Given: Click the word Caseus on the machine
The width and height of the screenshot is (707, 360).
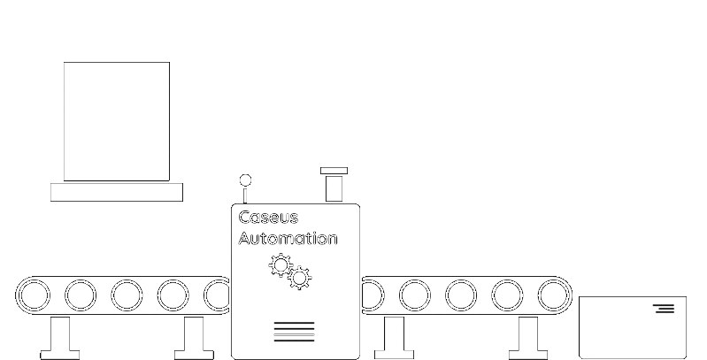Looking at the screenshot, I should [x=268, y=218].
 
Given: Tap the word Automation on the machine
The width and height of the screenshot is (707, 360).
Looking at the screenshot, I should [x=288, y=239].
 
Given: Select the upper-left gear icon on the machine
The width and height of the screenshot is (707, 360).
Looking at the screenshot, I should [x=280, y=264].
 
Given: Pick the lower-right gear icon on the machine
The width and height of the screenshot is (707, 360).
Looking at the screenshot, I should [x=300, y=278].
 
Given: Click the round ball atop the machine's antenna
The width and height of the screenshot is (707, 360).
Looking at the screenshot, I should [x=245, y=180].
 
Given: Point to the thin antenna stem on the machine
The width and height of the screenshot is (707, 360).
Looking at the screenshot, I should [x=245, y=195].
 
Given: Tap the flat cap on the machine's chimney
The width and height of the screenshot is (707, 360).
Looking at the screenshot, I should [x=334, y=171].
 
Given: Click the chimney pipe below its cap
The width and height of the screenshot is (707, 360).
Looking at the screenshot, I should [x=334, y=188].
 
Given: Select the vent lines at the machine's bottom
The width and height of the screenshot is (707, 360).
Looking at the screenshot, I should [x=294, y=332].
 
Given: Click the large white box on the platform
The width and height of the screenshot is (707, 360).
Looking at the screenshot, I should [x=116, y=121].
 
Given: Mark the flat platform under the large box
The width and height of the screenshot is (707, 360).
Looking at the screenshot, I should [x=116, y=192].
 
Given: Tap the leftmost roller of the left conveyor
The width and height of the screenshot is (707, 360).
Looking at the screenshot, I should [x=35, y=295].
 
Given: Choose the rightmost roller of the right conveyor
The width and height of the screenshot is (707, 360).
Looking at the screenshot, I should [x=553, y=295].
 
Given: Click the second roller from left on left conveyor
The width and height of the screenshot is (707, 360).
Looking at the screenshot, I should [x=81, y=295].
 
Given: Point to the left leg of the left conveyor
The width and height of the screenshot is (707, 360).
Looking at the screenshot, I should [x=60, y=337].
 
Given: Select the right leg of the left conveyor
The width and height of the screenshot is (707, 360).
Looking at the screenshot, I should [x=193, y=337].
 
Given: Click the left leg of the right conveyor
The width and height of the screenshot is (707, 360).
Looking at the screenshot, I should [x=395, y=337].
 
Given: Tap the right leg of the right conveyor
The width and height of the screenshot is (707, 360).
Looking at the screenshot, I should [x=527, y=337].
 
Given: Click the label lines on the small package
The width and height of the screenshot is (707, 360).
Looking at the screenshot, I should [x=664, y=308].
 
